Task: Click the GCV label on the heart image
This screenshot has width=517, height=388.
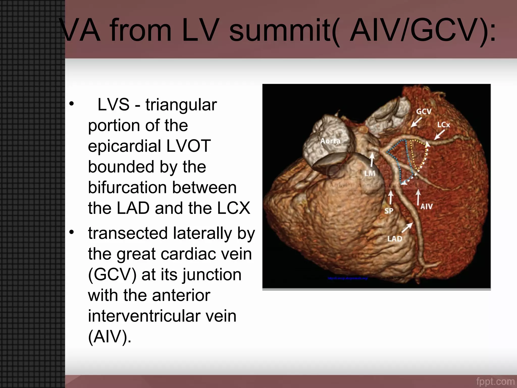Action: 424,111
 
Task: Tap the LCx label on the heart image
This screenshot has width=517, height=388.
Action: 444,125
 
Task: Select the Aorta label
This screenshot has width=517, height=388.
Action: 330,141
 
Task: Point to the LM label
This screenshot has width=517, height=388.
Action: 370,173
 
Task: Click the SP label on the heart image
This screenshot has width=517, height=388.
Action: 389,211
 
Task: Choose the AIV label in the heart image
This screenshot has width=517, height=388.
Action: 427,206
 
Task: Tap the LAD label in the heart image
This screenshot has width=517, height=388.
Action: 395,238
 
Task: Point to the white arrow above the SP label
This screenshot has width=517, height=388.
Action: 391,197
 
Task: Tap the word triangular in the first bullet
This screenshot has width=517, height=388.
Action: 181,105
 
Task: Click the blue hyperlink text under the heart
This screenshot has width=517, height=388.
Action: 348,278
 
